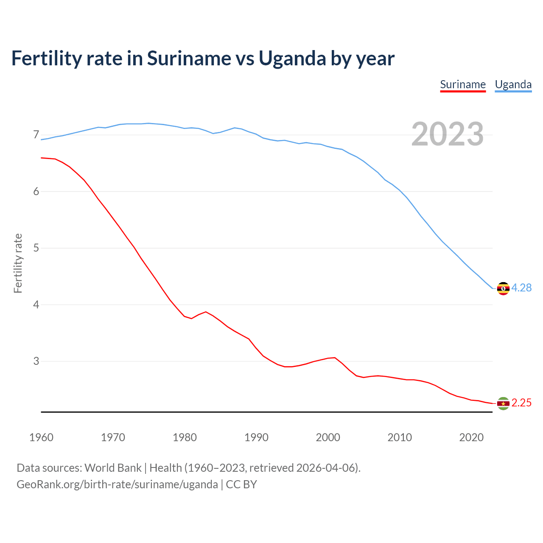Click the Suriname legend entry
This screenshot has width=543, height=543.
463,84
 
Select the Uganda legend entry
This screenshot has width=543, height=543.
513,84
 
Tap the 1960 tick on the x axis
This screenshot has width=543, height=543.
41,437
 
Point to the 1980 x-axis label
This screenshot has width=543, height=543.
185,437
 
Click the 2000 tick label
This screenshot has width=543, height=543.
328,437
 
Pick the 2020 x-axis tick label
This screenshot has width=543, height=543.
471,437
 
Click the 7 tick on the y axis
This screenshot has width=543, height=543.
36,135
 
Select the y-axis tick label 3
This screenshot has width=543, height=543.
36,361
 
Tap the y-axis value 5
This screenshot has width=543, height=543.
36,248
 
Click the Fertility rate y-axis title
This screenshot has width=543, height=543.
18,263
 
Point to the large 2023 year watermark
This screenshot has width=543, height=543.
448,134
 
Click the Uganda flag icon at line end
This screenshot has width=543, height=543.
503,288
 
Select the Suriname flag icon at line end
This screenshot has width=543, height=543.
503,403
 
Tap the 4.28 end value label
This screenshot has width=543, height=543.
521,288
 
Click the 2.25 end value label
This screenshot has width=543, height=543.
521,403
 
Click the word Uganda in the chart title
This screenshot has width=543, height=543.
292,59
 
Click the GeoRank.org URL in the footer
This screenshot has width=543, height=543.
117,484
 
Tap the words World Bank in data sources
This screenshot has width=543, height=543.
113,468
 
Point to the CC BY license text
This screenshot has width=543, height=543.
241,484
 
